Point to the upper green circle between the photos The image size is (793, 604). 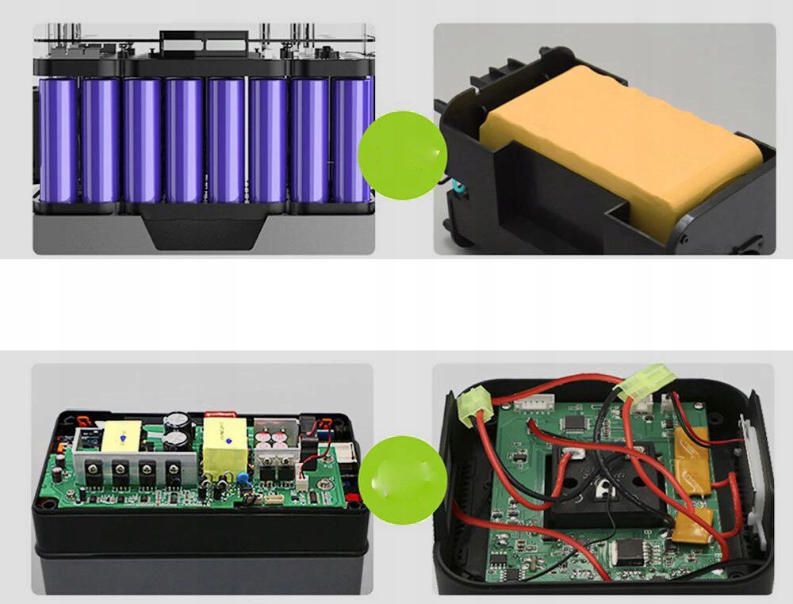402,155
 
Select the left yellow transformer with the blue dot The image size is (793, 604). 118,435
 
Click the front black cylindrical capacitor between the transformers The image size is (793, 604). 180,445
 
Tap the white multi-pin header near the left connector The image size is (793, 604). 530,405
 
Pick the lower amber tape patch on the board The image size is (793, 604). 694,526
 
